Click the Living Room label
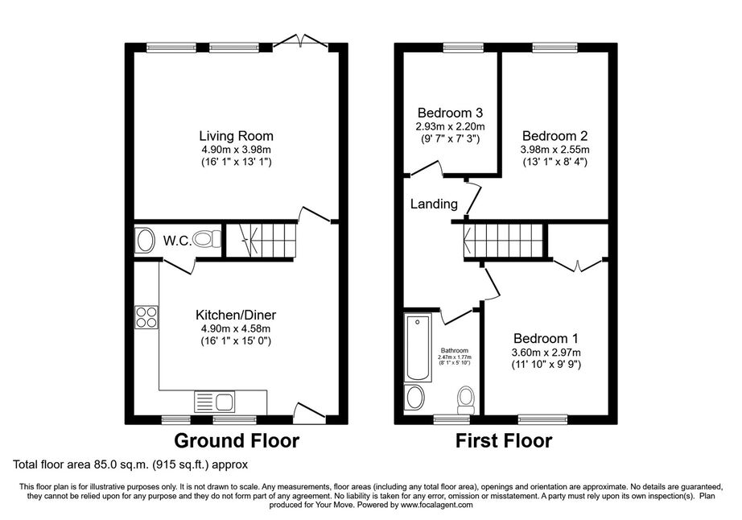pos(236,136)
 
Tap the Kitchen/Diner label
pos(236,315)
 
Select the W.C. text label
pos(178,241)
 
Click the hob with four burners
pos(146,317)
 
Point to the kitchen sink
pos(214,402)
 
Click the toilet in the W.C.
pos(208,239)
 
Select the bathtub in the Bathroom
pos(418,348)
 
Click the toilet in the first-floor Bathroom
pos(466,400)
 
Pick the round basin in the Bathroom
pos(415,397)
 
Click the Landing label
pos(434,204)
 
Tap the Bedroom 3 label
pos(450,113)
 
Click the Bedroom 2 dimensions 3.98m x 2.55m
pos(555,150)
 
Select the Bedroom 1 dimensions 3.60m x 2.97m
pos(546,353)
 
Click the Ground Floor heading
pos(237,441)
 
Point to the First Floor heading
pos(504,441)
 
